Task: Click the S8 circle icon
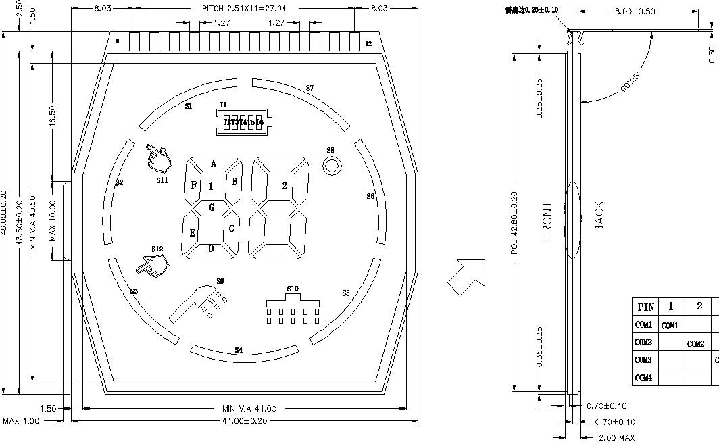[x=331, y=166]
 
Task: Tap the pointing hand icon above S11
[x=159, y=159]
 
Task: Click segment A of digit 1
[x=214, y=164]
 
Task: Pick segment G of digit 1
[x=212, y=207]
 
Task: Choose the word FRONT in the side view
[x=547, y=221]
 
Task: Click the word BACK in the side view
[x=599, y=217]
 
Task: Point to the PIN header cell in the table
[x=645, y=307]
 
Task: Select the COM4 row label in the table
[x=644, y=378]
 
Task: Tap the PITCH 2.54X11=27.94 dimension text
[x=249, y=8]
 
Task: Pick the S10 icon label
[x=292, y=289]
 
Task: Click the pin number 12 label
[x=368, y=43]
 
